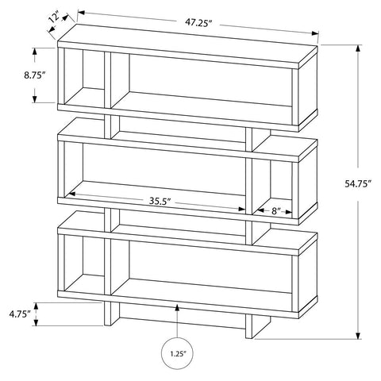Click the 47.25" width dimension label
[198, 22]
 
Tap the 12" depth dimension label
[54, 18]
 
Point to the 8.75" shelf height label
[33, 75]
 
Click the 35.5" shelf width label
[160, 201]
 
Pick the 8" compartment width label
[276, 211]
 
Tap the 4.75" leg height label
[20, 314]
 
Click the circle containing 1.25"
[177, 353]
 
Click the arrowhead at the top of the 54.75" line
[358, 49]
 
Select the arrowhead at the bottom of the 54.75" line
[358, 335]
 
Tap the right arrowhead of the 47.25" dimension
[315, 33]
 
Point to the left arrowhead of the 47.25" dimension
[81, 13]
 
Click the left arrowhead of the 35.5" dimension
[72, 194]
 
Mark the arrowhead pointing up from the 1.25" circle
[177, 308]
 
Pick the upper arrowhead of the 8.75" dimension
[34, 52]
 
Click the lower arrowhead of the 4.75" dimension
[36, 321]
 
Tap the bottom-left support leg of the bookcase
[111, 314]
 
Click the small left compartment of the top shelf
[84, 77]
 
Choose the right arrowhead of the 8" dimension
[288, 212]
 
